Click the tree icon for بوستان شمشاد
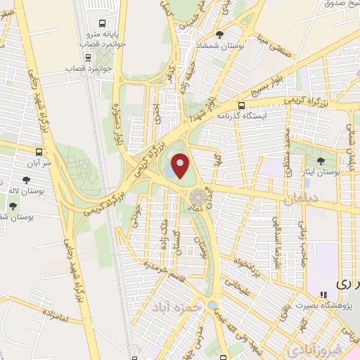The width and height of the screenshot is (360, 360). click(220, 34)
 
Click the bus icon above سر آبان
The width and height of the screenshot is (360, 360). click(38, 151)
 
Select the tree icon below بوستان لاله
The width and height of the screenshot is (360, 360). click(13, 205)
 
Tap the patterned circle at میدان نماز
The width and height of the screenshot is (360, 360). click(196, 196)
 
